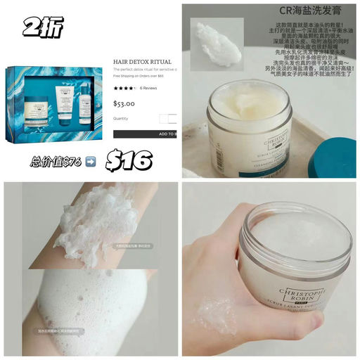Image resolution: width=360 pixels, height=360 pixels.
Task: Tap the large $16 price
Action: click(128, 160)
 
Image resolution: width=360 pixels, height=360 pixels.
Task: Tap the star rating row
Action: click(124, 89)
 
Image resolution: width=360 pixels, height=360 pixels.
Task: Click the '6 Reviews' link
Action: click(148, 89)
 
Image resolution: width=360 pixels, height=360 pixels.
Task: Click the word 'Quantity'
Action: click(122, 118)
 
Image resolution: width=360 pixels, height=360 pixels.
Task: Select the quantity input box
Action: click(166, 118)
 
